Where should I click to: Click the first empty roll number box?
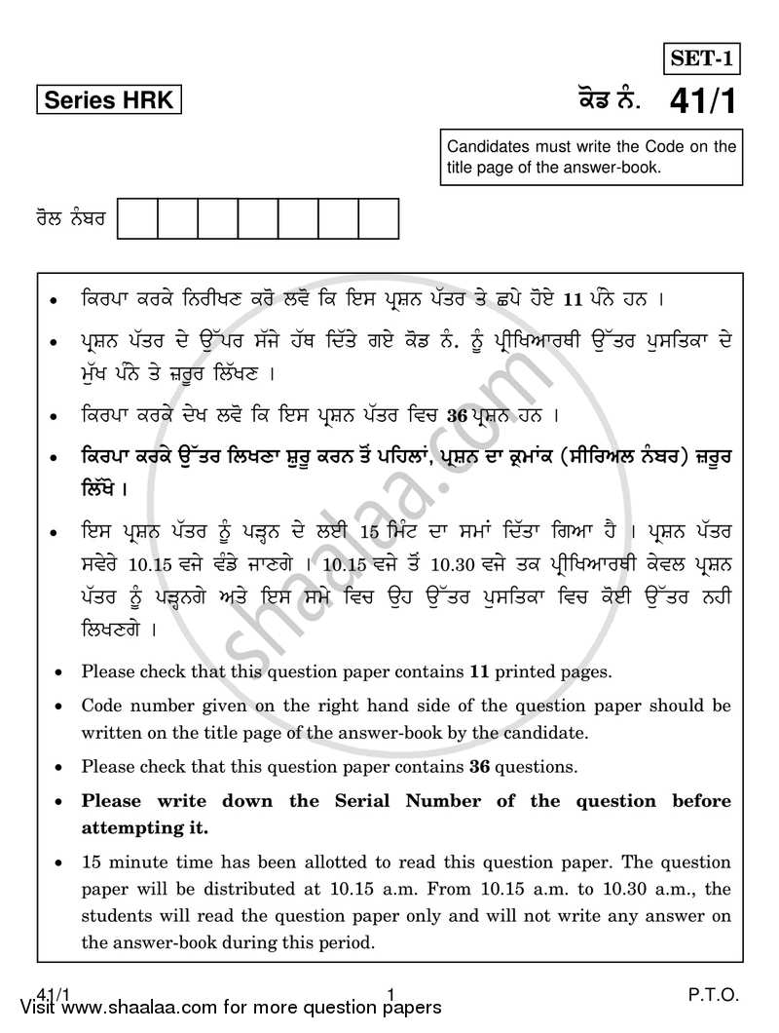[137, 218]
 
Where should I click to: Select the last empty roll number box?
[379, 218]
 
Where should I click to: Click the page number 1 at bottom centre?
[389, 995]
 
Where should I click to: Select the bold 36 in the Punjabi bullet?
[457, 416]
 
